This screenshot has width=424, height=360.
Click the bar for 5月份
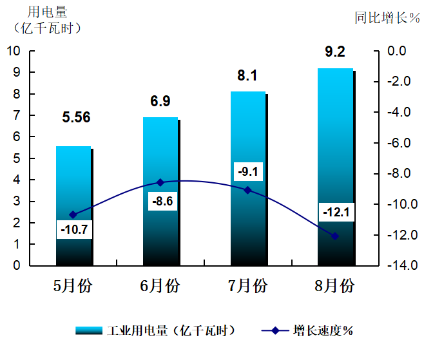(73, 193)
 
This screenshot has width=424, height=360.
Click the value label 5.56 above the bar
(76, 117)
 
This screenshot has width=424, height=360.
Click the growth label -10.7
(73, 229)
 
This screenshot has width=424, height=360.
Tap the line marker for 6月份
(161, 183)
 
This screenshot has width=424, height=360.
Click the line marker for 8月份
(335, 236)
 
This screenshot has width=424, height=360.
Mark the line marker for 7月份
(247, 190)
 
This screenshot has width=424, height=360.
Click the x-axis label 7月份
(248, 285)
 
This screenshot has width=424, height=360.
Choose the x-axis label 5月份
(73, 285)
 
